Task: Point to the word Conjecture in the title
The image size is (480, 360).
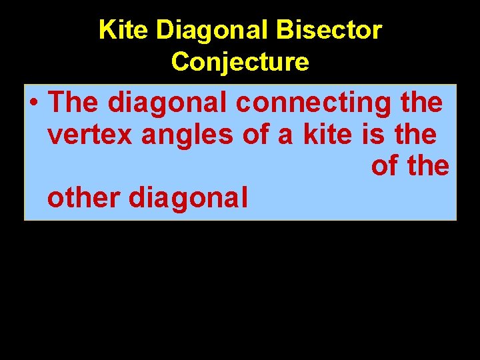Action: pyautogui.click(x=240, y=61)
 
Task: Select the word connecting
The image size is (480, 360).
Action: pyautogui.click(x=313, y=103)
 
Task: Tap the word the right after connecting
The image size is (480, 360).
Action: pyautogui.click(x=421, y=103)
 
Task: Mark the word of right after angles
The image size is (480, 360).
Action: pyautogui.click(x=255, y=135)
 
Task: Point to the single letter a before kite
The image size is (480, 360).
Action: pyautogui.click(x=286, y=135)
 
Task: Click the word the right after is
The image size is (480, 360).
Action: pyautogui.click(x=415, y=135)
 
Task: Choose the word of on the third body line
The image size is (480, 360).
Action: pyautogui.click(x=384, y=166)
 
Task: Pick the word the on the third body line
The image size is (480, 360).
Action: pyautogui.click(x=428, y=166)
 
